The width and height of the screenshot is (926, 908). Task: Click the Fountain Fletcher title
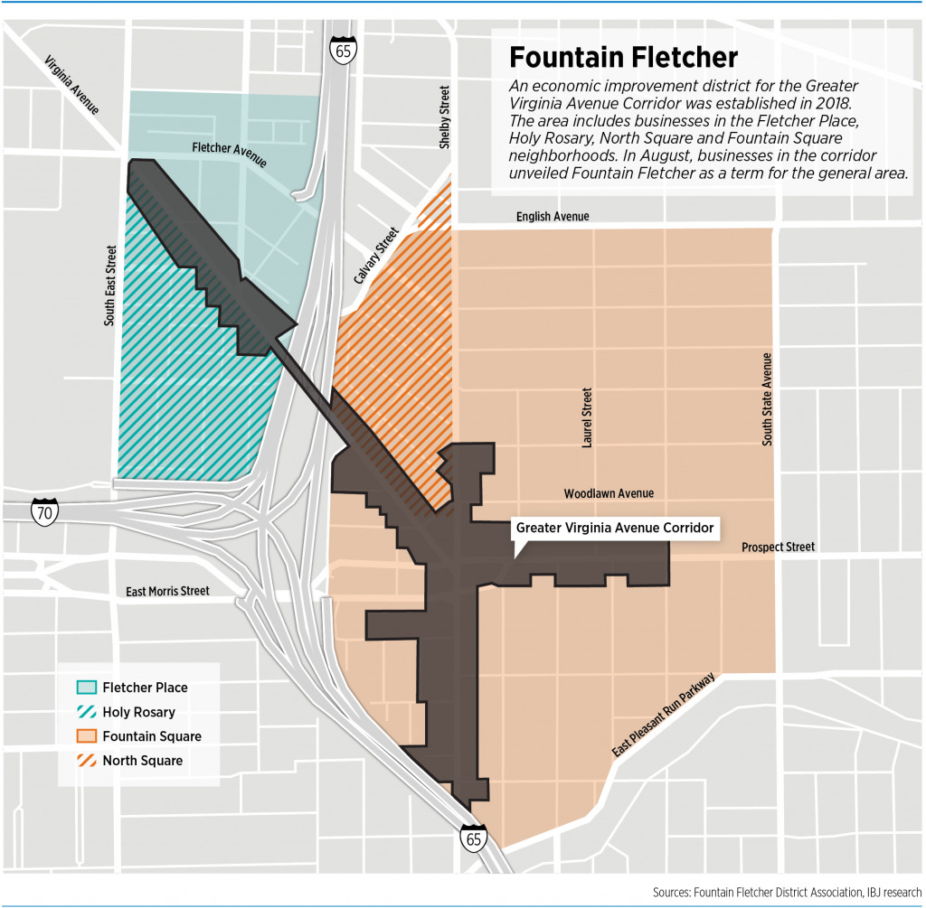tap(623, 58)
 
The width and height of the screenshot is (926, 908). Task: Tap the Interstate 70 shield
tap(43, 511)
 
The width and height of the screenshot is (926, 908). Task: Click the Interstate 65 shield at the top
tap(343, 49)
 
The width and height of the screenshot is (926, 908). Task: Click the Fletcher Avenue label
tap(229, 154)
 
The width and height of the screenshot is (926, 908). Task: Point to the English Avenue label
tap(553, 217)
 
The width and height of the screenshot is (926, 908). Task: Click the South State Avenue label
tap(767, 398)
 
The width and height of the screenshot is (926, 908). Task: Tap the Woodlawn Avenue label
tap(609, 493)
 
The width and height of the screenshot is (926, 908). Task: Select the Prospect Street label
tap(778, 547)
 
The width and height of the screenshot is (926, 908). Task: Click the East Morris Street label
tap(167, 591)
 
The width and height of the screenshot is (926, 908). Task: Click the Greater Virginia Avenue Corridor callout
tap(615, 528)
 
